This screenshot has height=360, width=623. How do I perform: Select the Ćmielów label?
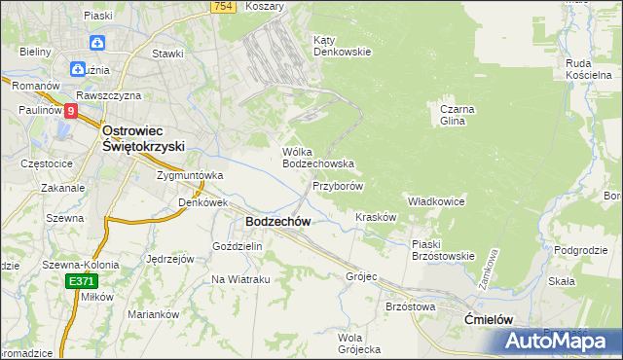[x=488, y=318]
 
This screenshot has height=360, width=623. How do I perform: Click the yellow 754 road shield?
[x=224, y=7]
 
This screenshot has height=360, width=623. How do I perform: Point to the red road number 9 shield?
[x=71, y=111]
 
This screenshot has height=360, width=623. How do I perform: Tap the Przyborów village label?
[x=338, y=186]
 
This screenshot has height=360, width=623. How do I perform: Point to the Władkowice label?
[x=435, y=200]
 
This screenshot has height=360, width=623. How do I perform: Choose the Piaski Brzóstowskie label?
[x=442, y=250]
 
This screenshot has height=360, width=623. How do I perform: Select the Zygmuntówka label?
[x=190, y=175]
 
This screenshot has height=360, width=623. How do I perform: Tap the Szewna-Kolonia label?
[x=80, y=264]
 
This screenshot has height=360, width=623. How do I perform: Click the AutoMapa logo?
[x=558, y=341]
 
